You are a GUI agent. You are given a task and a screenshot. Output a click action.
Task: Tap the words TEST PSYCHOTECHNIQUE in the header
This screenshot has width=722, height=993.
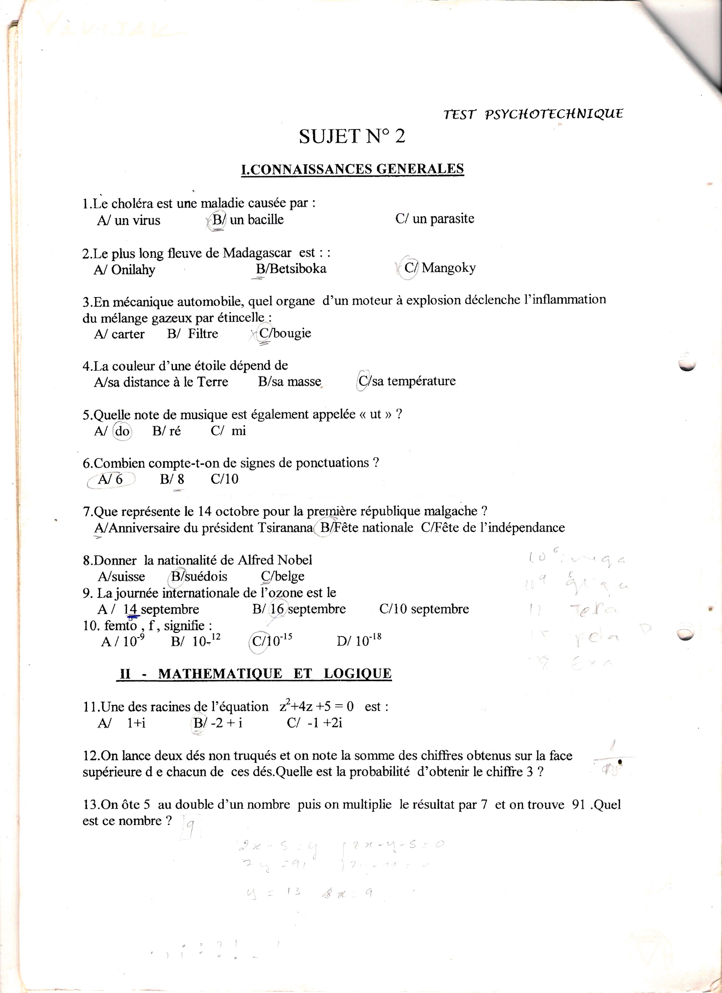click(533, 114)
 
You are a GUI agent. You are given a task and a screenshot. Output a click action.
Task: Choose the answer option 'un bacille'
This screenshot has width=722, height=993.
click(256, 219)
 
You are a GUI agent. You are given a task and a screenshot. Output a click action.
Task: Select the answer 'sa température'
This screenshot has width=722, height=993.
click(414, 381)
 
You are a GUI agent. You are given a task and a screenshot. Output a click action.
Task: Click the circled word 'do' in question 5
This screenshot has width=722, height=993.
click(122, 431)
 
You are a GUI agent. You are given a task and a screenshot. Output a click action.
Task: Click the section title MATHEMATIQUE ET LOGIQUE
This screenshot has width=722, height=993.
click(275, 673)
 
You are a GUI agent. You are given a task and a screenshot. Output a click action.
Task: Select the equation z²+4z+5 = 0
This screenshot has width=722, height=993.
click(316, 707)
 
